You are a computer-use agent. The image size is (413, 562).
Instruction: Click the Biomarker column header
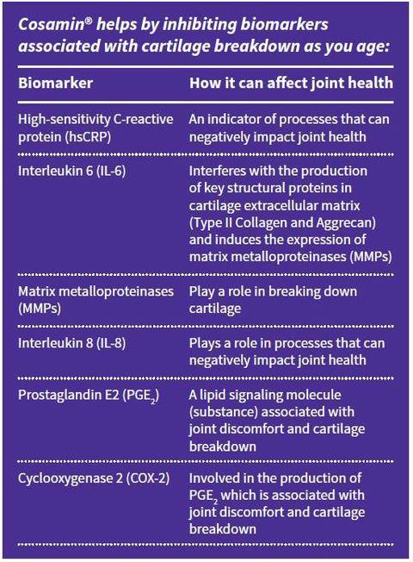(55, 83)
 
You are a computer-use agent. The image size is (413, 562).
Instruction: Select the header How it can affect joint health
(292, 83)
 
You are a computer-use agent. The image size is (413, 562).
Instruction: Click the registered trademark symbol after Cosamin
(89, 21)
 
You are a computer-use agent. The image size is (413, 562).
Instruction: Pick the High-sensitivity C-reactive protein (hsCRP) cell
(96, 128)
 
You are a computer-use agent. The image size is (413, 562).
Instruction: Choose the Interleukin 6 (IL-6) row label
(72, 171)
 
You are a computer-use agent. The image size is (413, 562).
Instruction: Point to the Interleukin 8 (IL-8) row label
(72, 343)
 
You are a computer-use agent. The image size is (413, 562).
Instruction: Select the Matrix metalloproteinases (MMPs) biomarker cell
(96, 300)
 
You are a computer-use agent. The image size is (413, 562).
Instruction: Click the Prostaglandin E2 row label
(89, 396)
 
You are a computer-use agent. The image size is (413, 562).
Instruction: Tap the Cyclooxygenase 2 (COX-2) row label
(94, 478)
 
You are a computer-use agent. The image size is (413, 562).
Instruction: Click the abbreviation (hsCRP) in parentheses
(88, 137)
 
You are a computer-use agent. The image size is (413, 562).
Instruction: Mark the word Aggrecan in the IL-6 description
(346, 223)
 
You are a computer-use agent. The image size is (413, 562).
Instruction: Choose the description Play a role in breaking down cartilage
(273, 300)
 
